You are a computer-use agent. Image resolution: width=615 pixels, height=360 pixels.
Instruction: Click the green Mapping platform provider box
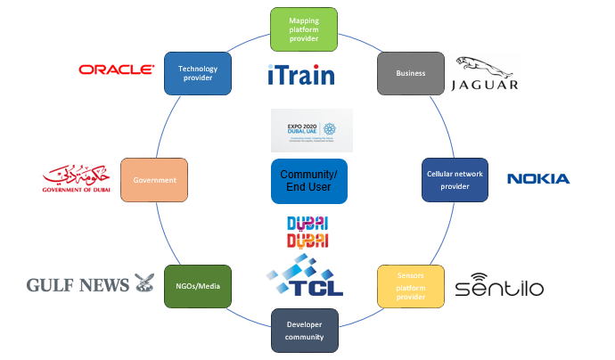[303, 29]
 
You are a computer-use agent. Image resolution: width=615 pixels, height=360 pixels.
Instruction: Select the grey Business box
[411, 73]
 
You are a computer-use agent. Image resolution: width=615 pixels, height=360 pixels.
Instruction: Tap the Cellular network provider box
[454, 179]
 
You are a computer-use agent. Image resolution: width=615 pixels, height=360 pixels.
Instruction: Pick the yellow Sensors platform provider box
[410, 285]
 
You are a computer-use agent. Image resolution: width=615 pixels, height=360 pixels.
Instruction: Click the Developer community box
[303, 330]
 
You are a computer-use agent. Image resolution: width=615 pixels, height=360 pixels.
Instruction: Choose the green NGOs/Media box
[198, 286]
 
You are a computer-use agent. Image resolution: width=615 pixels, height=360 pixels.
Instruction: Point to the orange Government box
[155, 180]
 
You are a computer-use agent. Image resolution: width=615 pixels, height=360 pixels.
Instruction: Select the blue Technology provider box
[198, 73]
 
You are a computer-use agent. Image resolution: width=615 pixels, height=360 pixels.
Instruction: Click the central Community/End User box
[307, 181]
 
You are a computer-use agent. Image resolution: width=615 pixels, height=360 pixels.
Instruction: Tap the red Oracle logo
[116, 69]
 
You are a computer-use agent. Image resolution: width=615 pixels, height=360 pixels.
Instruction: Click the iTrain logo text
[301, 75]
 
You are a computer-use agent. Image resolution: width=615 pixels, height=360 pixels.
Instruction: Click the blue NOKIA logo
[538, 179]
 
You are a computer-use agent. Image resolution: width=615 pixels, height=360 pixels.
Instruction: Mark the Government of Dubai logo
[76, 178]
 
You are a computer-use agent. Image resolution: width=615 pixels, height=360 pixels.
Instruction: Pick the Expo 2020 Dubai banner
[311, 131]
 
